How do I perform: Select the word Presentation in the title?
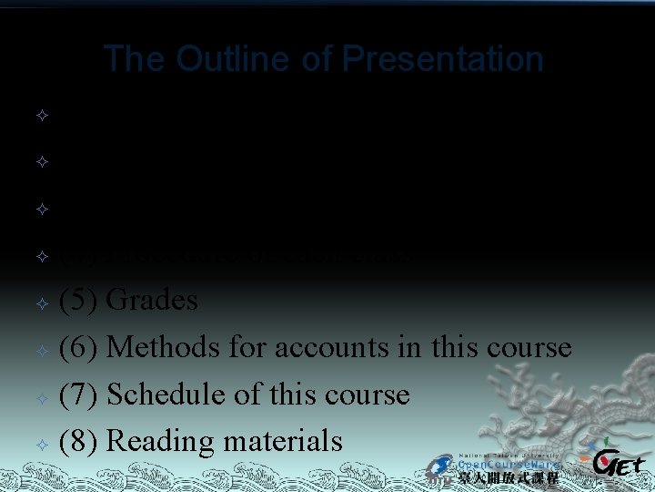point(443,59)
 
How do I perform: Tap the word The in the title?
point(136,59)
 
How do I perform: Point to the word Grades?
point(152,301)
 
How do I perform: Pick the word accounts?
point(349,347)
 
